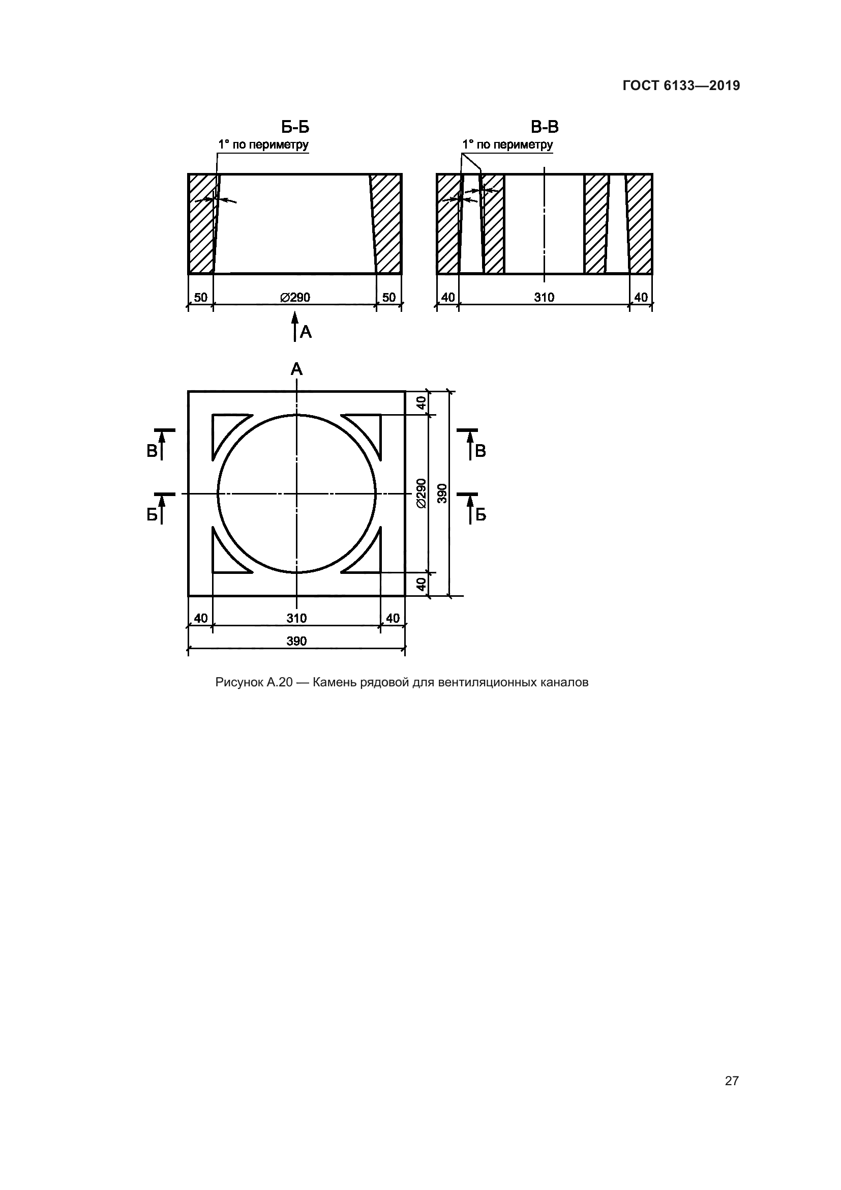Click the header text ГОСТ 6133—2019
click(x=681, y=85)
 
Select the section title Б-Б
click(x=295, y=127)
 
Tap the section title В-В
click(x=545, y=127)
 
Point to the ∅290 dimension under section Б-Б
click(x=295, y=298)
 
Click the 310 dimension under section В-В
click(x=544, y=298)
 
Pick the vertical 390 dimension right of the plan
click(x=442, y=494)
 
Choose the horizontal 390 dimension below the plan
click(x=297, y=641)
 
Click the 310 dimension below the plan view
click(x=297, y=618)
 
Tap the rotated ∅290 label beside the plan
click(x=422, y=494)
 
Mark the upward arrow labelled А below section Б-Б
click(x=295, y=327)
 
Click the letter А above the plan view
click(x=296, y=369)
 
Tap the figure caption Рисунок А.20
click(x=402, y=683)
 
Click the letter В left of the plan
click(x=152, y=451)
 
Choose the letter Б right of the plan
click(x=480, y=515)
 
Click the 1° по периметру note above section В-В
click(x=507, y=144)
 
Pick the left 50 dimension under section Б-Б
click(x=200, y=298)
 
